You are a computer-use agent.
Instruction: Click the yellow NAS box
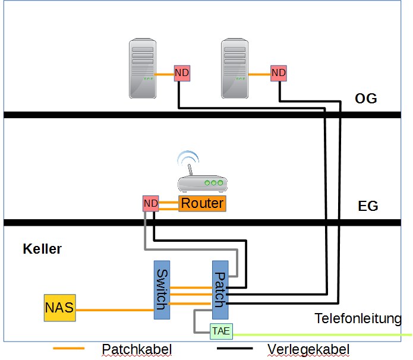click(59, 308)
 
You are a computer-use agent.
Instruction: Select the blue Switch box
click(161, 290)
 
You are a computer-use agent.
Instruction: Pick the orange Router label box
click(203, 204)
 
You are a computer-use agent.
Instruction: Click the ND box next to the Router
click(151, 204)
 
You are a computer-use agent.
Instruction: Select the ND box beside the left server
click(181, 73)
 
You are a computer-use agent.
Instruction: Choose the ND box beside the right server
click(278, 73)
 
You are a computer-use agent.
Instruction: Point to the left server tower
click(143, 68)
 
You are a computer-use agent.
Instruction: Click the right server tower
click(235, 68)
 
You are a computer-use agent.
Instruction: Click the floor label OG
click(365, 99)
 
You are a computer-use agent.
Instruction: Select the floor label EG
click(368, 207)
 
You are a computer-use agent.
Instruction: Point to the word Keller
click(42, 249)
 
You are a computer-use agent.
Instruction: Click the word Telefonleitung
click(358, 319)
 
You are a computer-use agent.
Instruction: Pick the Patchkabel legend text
click(137, 349)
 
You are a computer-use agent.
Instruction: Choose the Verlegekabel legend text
click(308, 349)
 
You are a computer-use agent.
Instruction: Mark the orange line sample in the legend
click(69, 349)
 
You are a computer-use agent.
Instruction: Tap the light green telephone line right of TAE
click(321, 335)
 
